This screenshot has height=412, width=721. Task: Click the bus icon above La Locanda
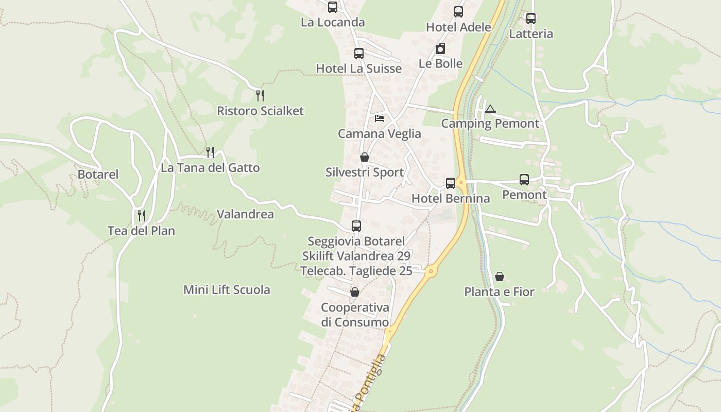click(x=333, y=7)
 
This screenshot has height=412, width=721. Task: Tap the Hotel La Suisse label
click(x=358, y=68)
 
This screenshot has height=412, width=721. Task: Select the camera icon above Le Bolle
click(x=440, y=49)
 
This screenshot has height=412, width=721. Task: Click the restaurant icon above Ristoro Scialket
click(x=260, y=95)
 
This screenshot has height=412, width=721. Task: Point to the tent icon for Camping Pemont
click(x=490, y=109)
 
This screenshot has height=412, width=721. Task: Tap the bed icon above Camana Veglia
click(x=380, y=118)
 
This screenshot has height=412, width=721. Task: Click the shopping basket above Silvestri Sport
click(x=365, y=157)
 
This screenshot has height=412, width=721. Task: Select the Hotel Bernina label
click(x=451, y=198)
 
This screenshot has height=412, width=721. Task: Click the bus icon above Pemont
click(x=524, y=180)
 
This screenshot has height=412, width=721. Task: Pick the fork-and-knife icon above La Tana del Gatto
click(x=210, y=152)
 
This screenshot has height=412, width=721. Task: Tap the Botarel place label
click(x=98, y=175)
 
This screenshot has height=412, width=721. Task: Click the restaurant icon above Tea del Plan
click(x=142, y=215)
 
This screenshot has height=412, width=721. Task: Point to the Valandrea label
click(x=245, y=214)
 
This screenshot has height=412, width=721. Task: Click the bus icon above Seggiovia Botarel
click(x=356, y=226)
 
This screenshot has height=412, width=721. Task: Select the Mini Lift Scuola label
click(x=227, y=290)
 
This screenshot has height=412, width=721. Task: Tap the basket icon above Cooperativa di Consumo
click(x=355, y=293)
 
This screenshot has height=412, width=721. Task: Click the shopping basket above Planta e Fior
click(x=500, y=277)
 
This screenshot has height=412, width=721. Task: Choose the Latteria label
click(x=531, y=34)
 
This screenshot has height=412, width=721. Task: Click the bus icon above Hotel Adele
click(x=458, y=12)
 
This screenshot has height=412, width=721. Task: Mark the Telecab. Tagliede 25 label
click(x=356, y=271)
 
